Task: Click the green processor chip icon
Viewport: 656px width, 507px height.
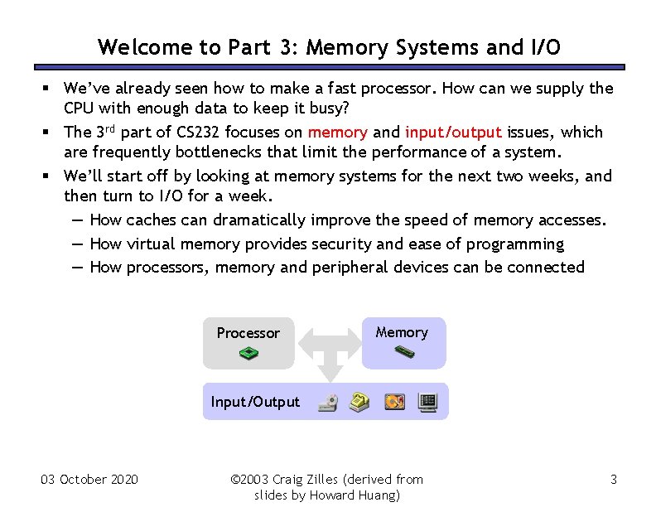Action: pyautogui.click(x=248, y=354)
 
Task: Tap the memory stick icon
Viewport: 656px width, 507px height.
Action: pyautogui.click(x=403, y=351)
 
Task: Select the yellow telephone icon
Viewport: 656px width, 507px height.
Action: pyautogui.click(x=359, y=403)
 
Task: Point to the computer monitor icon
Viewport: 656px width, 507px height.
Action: pyautogui.click(x=427, y=403)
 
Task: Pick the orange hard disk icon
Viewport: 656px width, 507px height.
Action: pyautogui.click(x=394, y=403)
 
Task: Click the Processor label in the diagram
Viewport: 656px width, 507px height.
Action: pyautogui.click(x=248, y=333)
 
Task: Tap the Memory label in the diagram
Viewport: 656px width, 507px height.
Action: pyautogui.click(x=402, y=332)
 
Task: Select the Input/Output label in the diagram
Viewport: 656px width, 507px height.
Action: pyautogui.click(x=255, y=402)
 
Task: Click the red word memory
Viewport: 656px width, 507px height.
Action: pyautogui.click(x=337, y=133)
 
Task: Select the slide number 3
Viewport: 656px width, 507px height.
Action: pyautogui.click(x=613, y=480)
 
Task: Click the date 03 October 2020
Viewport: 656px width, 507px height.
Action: pyautogui.click(x=89, y=480)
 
